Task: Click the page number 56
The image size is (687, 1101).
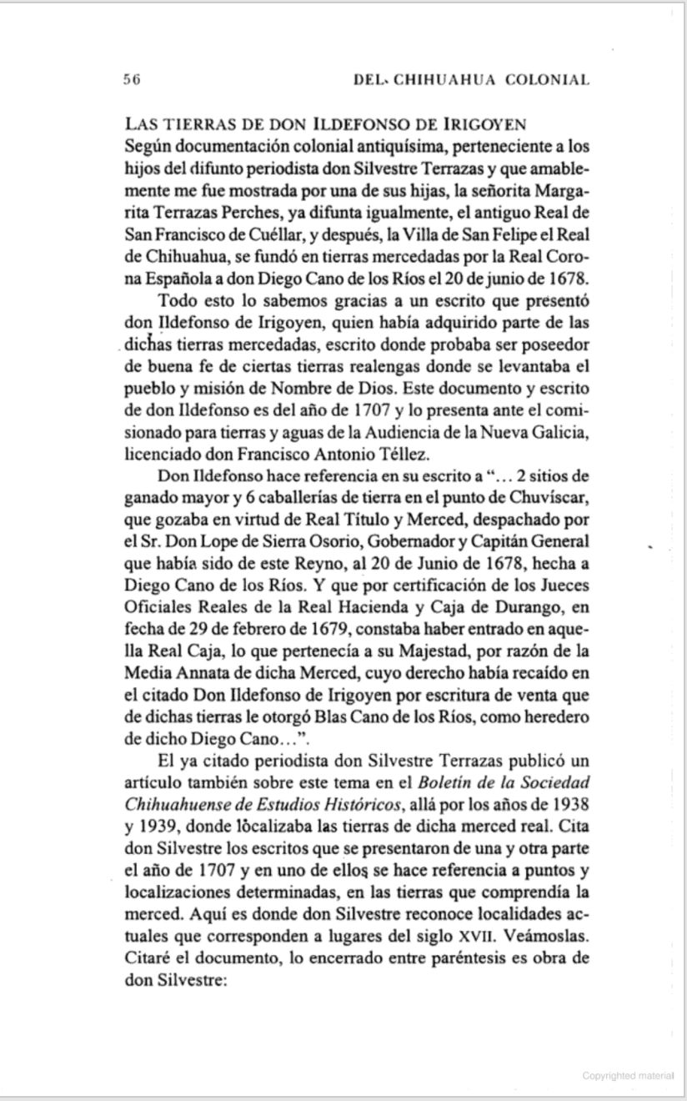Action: tap(129, 80)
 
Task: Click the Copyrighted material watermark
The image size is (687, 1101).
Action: tap(628, 1076)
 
